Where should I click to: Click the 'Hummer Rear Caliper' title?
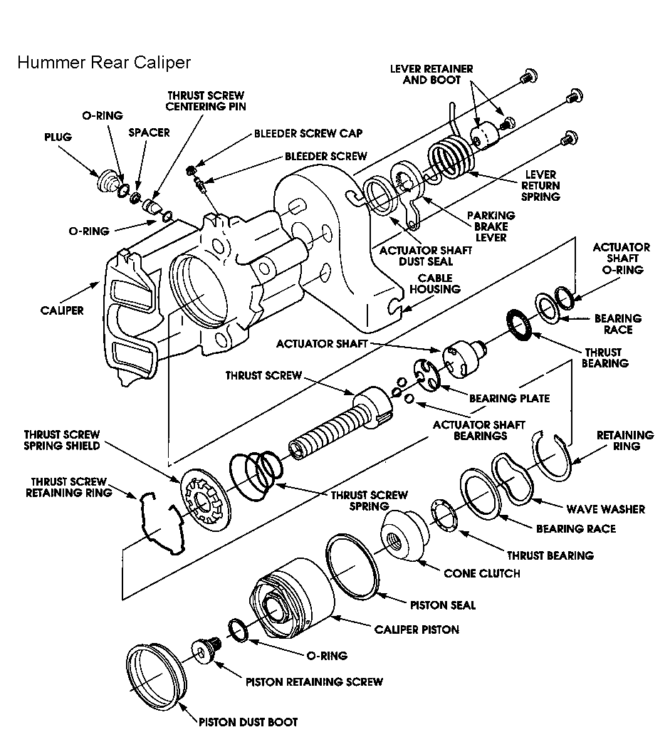point(104,63)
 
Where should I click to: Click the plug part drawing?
point(107,182)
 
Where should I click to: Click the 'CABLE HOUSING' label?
point(439,283)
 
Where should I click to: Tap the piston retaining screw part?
point(207,649)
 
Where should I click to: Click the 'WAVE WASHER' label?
point(605,509)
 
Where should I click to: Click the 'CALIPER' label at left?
point(63,310)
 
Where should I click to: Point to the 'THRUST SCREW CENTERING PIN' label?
point(206,101)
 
